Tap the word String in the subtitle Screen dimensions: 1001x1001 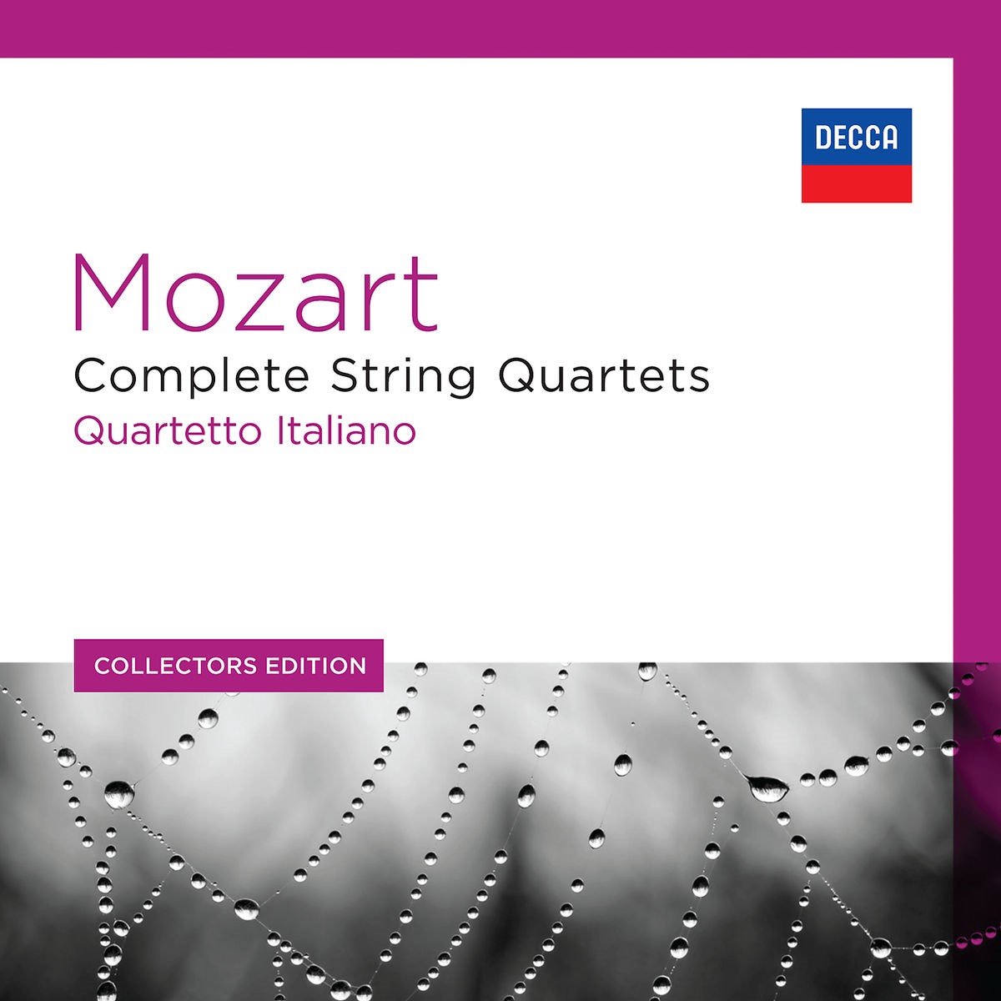coord(404,377)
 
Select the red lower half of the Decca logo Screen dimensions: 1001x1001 coord(856,184)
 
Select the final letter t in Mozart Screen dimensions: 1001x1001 coord(423,294)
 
